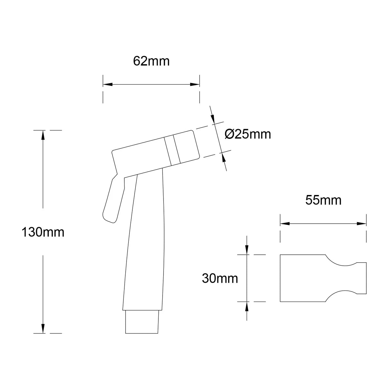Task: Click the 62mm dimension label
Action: click(151, 61)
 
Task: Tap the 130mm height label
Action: click(43, 232)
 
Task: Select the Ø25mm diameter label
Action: click(248, 134)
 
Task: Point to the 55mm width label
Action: click(323, 200)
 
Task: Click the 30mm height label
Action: click(220, 279)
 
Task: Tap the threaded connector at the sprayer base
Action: click(142, 322)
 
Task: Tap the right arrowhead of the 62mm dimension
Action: click(195, 84)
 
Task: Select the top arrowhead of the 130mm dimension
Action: click(43, 135)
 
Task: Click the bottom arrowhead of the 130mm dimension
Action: click(43, 328)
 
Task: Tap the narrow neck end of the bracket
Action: click(361, 278)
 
